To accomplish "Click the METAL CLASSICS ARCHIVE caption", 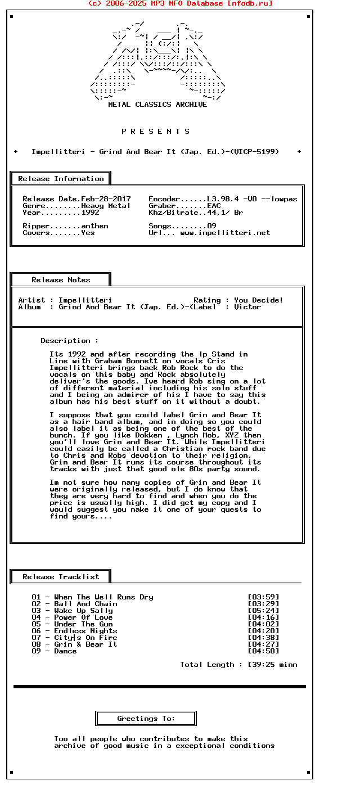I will (157, 105).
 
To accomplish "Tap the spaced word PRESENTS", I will (156, 132).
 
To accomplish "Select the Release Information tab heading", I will (61, 179).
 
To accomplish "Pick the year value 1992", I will (90, 213).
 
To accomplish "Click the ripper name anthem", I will (94, 226).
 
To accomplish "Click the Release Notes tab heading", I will (61, 280).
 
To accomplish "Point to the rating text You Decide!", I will (259, 300).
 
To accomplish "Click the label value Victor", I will (247, 307).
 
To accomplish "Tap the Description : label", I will (69, 341).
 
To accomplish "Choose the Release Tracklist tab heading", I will (61, 577).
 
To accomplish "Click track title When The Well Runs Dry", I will (103, 597).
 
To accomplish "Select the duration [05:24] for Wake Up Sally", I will (263, 611).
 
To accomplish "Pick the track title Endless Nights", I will (85, 631).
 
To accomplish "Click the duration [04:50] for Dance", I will (263, 651).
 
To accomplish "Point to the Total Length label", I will (207, 665).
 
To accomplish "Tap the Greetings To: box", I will (146, 719).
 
